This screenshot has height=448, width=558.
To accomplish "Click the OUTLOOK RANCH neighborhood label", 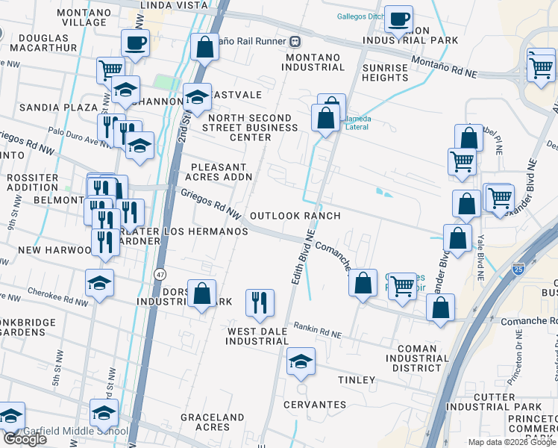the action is (x=295, y=216).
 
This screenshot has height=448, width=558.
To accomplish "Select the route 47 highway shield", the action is (x=160, y=275).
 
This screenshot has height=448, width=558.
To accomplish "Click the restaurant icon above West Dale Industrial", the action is (x=259, y=302).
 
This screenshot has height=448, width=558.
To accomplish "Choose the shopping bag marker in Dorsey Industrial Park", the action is (x=202, y=293).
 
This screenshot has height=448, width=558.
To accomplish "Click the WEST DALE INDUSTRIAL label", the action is (x=257, y=336).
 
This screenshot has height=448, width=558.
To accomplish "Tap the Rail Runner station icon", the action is (x=296, y=40).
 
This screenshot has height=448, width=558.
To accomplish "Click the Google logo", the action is (x=24, y=439).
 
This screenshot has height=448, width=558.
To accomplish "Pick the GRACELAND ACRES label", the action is (x=213, y=422).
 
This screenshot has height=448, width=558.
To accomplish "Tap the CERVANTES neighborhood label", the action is (x=315, y=405).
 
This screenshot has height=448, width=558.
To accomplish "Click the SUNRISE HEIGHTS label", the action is (x=385, y=72).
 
